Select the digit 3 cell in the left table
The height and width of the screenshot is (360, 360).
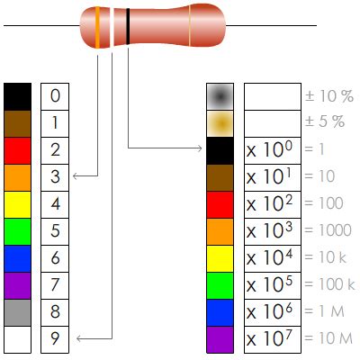[x=56, y=176]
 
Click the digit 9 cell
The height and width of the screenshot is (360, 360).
[x=56, y=338]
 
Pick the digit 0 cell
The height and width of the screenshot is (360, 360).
[x=56, y=95]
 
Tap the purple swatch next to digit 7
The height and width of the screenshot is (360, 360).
[x=17, y=284]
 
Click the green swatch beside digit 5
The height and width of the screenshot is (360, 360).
[x=17, y=230]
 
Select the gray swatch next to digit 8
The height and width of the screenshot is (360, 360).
[x=17, y=311]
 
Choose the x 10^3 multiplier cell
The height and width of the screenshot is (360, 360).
[x=271, y=230]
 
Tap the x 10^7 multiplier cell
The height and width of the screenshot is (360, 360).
[x=271, y=338]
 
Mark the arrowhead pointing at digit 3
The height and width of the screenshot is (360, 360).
[x=76, y=176]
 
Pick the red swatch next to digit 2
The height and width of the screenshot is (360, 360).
[x=17, y=149]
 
